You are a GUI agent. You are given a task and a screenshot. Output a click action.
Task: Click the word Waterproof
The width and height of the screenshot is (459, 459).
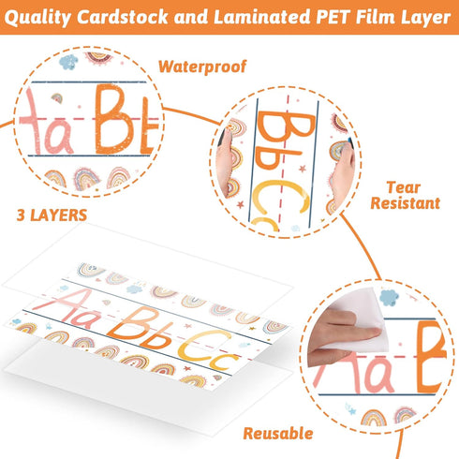(x=202, y=67)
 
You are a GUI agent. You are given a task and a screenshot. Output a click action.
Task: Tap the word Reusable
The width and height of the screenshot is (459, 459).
(x=278, y=434)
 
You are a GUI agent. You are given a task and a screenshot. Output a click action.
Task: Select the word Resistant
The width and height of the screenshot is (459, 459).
(x=405, y=203)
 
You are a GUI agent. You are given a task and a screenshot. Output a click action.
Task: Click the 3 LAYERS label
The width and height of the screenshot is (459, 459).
(x=52, y=215)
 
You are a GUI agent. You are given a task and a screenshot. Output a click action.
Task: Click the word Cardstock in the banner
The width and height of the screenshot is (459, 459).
(x=123, y=17)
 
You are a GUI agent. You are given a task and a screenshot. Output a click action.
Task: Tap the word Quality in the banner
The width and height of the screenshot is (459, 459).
(x=37, y=18)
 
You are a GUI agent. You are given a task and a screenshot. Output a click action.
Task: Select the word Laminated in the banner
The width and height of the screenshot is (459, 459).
(x=262, y=17)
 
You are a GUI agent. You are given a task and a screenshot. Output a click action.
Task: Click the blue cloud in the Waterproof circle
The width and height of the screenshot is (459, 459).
(x=68, y=62)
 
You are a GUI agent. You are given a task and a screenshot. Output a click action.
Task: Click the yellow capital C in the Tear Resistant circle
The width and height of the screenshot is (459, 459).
(x=281, y=195)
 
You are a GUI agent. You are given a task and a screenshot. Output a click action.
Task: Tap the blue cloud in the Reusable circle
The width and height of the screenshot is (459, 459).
(x=389, y=298)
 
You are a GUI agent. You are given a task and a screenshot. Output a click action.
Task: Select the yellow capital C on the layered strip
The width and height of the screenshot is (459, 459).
(x=203, y=346)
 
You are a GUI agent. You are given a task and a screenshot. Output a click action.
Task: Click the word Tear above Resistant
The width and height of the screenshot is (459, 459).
(x=404, y=187)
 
